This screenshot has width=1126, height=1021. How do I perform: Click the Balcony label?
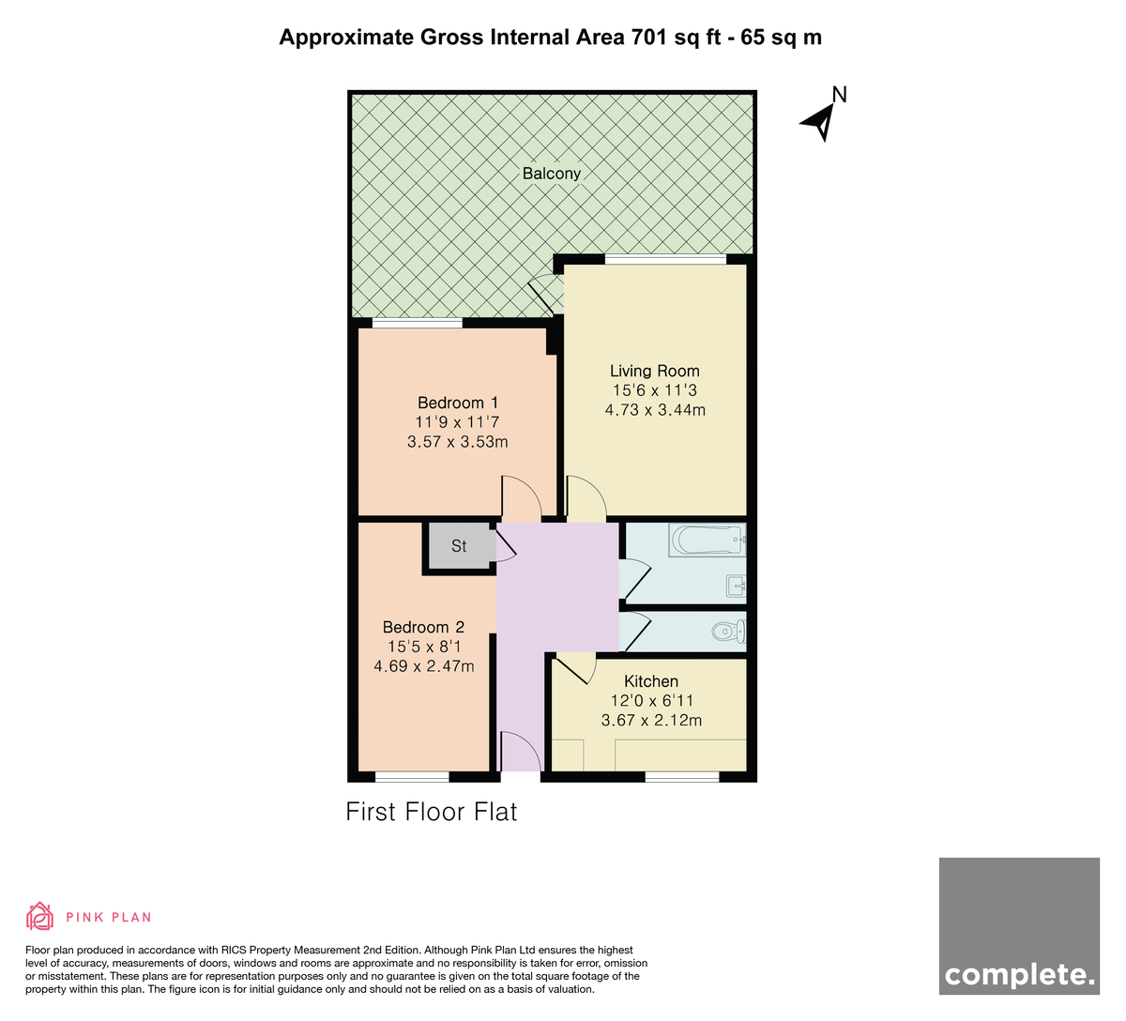[x=551, y=174]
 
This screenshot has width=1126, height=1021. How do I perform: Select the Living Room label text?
[x=655, y=371]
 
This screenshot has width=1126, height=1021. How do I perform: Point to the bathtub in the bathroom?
[x=708, y=540]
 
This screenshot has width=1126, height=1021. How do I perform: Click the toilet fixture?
[x=729, y=632]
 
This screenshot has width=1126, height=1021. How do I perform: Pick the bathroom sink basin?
[x=737, y=587]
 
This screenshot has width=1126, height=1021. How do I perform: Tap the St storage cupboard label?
[x=459, y=546]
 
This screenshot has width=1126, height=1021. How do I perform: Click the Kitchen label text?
[x=651, y=681]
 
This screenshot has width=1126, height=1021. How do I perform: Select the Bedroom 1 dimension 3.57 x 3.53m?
[x=458, y=441]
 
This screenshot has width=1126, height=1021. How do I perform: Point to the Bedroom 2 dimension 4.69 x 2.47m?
[x=424, y=666]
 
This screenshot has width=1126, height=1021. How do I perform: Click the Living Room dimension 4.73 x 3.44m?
[x=655, y=409]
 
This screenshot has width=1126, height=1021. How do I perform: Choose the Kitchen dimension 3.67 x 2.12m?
[x=651, y=720]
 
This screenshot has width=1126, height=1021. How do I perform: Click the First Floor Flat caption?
[x=431, y=812]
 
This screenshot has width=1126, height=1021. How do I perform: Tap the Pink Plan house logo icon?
[x=39, y=917]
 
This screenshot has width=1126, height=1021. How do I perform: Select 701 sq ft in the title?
[x=676, y=37]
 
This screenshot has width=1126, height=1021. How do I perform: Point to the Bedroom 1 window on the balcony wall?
[x=417, y=323]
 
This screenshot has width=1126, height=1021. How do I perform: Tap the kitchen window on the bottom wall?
[x=682, y=777]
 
